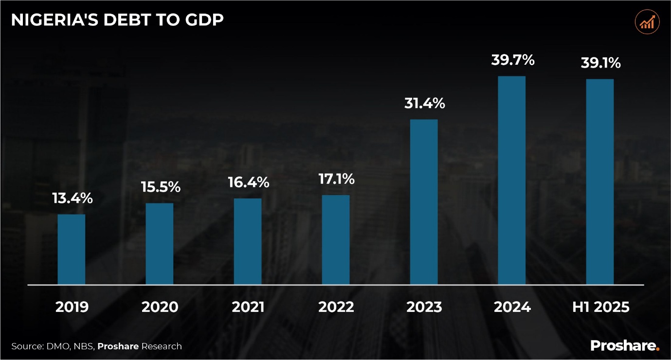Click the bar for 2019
[72, 249]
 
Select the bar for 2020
[160, 243]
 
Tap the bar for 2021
[248, 241]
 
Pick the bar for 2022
[336, 239]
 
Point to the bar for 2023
[424, 201]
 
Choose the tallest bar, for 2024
[512, 180]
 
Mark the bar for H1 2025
[600, 181]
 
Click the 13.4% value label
[73, 198]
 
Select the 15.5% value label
[161, 187]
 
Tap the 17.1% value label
[336, 179]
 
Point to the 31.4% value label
[424, 103]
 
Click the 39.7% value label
[513, 60]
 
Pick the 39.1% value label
[600, 63]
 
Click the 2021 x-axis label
[248, 307]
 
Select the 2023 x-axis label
[424, 307]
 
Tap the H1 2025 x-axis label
[600, 307]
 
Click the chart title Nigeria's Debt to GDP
[117, 20]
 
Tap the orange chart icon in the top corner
[647, 22]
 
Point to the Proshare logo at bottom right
[625, 346]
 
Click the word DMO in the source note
[55, 346]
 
